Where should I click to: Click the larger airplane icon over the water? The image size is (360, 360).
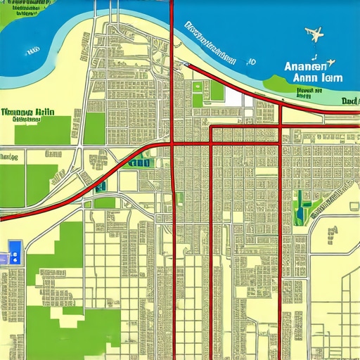314,33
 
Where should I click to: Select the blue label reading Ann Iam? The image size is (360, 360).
310,78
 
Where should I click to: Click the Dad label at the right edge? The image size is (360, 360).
349,101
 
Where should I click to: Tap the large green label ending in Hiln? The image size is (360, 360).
27,112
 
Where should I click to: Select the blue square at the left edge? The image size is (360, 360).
15,247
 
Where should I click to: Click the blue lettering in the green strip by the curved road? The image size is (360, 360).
140,162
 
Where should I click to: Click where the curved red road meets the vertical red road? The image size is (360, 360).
173,144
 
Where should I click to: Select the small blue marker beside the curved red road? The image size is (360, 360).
103,187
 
